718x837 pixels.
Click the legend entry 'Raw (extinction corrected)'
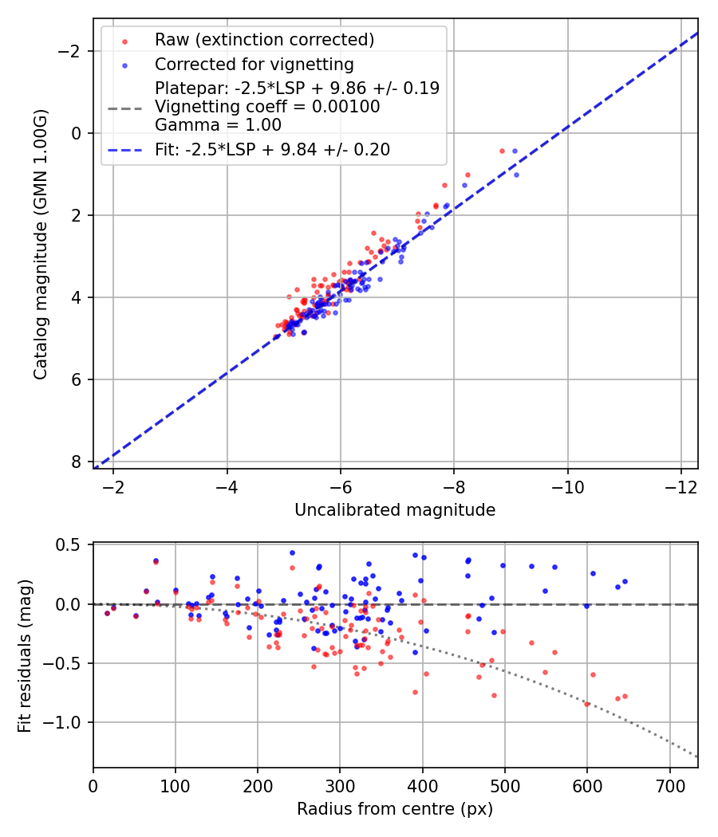tap(264, 40)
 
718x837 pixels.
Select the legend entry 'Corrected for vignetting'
tap(254, 64)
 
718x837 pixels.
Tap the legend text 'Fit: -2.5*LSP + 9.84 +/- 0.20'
tap(272, 150)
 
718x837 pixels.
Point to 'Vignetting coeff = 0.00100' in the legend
tap(267, 107)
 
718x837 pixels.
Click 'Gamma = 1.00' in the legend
tap(218, 125)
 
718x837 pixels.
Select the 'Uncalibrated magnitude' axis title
tap(395, 510)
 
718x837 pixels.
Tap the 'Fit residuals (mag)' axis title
tap(24, 655)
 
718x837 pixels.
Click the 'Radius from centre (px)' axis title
tap(395, 809)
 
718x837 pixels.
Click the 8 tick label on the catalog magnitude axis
tap(77, 462)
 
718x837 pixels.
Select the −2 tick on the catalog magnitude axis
tap(72, 51)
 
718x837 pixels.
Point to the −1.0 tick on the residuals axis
tap(65, 722)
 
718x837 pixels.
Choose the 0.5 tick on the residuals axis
tap(72, 545)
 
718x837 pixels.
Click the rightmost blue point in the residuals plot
tap(625, 582)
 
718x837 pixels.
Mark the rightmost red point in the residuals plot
tap(625, 696)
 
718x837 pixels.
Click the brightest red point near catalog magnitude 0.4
tap(502, 151)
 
